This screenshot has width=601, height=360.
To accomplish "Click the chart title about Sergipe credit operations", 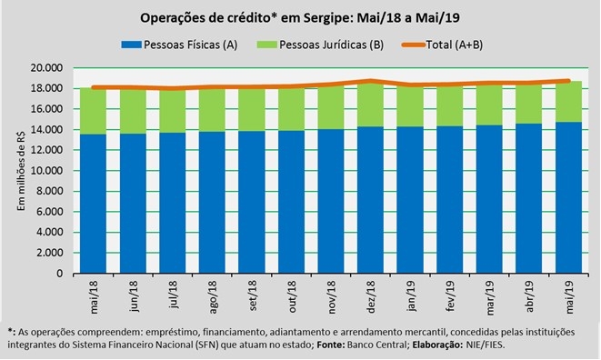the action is pos(300,18).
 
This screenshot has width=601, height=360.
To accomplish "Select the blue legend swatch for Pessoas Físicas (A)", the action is pos(132,45).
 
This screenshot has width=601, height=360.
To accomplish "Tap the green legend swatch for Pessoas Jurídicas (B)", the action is pos(266,45).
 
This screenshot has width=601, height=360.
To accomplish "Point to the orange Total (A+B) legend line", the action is pos(414,45).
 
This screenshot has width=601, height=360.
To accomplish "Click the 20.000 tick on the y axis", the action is pos(46,68).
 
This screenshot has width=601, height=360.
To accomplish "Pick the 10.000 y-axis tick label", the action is pos(46,171).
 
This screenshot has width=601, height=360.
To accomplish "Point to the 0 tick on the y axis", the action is pos(59,274).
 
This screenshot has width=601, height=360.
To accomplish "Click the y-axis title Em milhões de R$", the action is pos(21,171).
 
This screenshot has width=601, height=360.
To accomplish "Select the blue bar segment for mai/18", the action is pos(93,204).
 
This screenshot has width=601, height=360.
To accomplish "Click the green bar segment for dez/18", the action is pos(370,105).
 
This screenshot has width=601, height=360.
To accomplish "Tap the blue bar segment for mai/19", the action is pos(569,198).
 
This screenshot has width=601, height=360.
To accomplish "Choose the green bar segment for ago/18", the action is pos(212,110).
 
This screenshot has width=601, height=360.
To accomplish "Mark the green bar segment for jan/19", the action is pos(410,106).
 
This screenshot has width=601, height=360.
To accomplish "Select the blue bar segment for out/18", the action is pos(291,202).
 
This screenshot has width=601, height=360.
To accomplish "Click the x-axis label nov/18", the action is pos(331,297).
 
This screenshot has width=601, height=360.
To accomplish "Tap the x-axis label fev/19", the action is pos(450,296).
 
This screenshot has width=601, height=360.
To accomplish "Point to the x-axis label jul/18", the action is pos(173,295).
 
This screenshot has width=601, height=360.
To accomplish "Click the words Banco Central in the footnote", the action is pos(376,345).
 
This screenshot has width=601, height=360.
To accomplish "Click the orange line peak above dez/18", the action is pos(370,81).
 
